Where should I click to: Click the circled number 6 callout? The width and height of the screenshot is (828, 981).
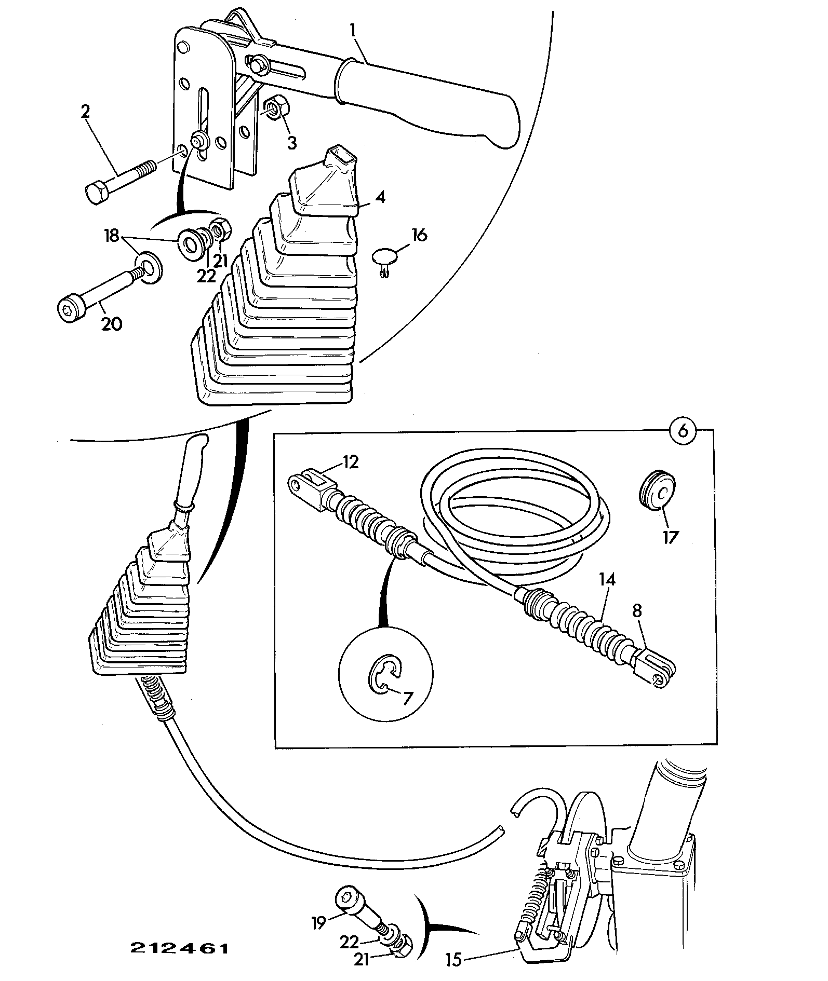(684, 430)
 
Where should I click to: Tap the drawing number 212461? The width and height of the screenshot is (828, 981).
(179, 948)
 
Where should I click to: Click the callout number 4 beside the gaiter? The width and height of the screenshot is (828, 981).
(380, 198)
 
